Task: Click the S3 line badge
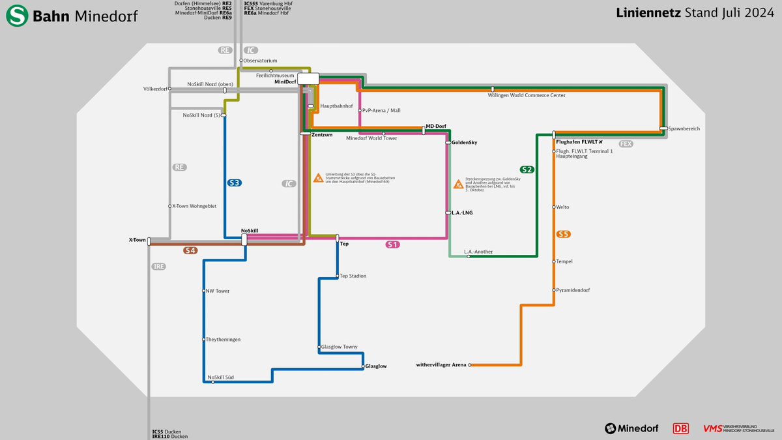point(235,183)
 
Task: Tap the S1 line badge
point(392,244)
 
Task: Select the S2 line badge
point(527,169)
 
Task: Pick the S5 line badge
point(564,234)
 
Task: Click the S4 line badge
point(190,250)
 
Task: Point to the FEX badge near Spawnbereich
point(626,143)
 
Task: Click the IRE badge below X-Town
point(159,267)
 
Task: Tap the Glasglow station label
point(376,366)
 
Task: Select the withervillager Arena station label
point(441,365)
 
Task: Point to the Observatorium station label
point(261,61)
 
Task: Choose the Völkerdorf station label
point(155,89)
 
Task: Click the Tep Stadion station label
point(353,276)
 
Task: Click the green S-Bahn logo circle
point(17,16)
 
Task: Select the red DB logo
point(681,428)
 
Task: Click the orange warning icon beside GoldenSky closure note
point(459,184)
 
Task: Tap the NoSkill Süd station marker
point(213,382)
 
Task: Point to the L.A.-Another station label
point(478,251)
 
